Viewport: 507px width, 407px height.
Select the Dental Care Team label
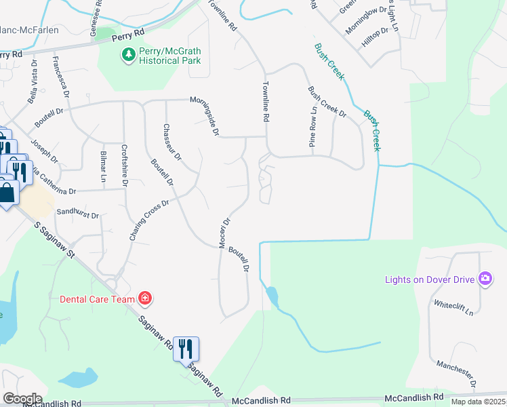(x=98, y=298)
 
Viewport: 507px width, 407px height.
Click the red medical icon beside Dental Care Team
(x=144, y=298)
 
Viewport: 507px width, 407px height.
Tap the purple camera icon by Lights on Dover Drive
(x=485, y=278)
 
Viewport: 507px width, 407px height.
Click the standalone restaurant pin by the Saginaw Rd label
(x=186, y=349)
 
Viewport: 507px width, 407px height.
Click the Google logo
(x=22, y=399)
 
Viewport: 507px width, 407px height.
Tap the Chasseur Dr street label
(x=173, y=142)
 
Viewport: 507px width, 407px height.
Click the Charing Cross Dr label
(x=148, y=220)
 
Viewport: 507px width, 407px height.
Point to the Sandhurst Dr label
(x=78, y=213)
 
